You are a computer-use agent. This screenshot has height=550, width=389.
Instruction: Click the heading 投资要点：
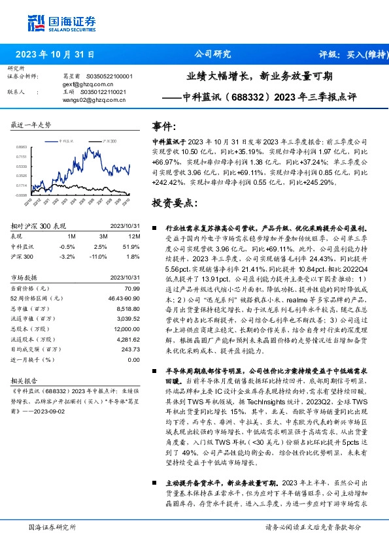[x=175, y=202]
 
